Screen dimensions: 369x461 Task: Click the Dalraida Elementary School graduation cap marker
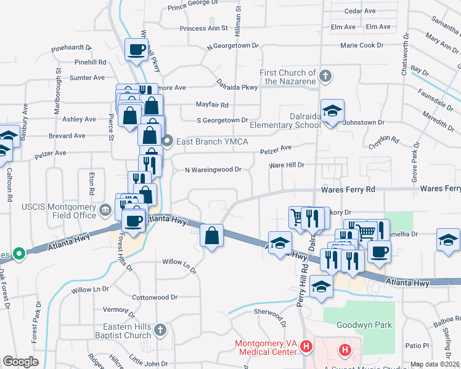click(x=332, y=111)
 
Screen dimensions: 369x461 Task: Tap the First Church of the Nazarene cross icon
click(x=326, y=77)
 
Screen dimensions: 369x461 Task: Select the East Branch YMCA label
click(x=212, y=142)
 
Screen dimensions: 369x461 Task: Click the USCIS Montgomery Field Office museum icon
click(x=105, y=211)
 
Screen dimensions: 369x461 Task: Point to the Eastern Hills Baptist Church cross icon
click(x=160, y=330)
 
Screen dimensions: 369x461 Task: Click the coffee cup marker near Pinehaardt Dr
click(x=137, y=50)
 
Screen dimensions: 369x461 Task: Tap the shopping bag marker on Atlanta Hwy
click(x=211, y=236)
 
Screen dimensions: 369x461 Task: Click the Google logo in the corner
click(x=21, y=362)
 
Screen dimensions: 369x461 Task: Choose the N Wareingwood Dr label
click(x=213, y=170)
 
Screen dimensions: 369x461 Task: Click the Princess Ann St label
click(x=204, y=28)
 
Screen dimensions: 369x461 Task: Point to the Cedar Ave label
click(x=361, y=11)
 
